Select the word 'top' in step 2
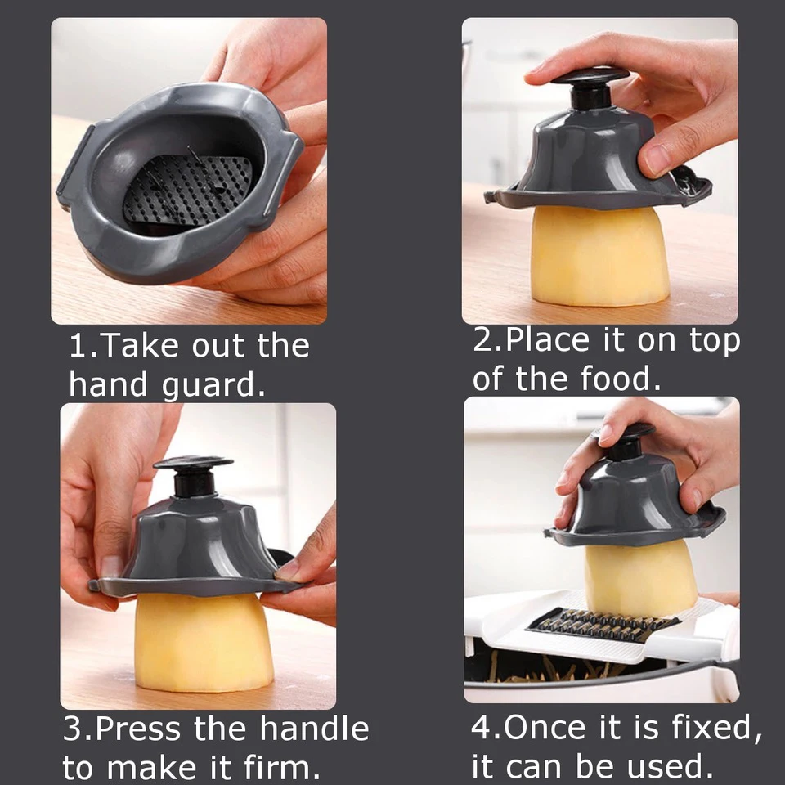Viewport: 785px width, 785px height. coord(715,342)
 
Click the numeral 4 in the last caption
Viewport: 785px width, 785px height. coord(481,728)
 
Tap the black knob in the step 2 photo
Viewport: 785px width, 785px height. coord(590,87)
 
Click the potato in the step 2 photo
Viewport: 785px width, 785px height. coord(599,255)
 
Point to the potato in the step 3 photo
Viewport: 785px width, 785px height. coord(204,643)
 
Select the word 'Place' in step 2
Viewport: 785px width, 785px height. coord(547,340)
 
